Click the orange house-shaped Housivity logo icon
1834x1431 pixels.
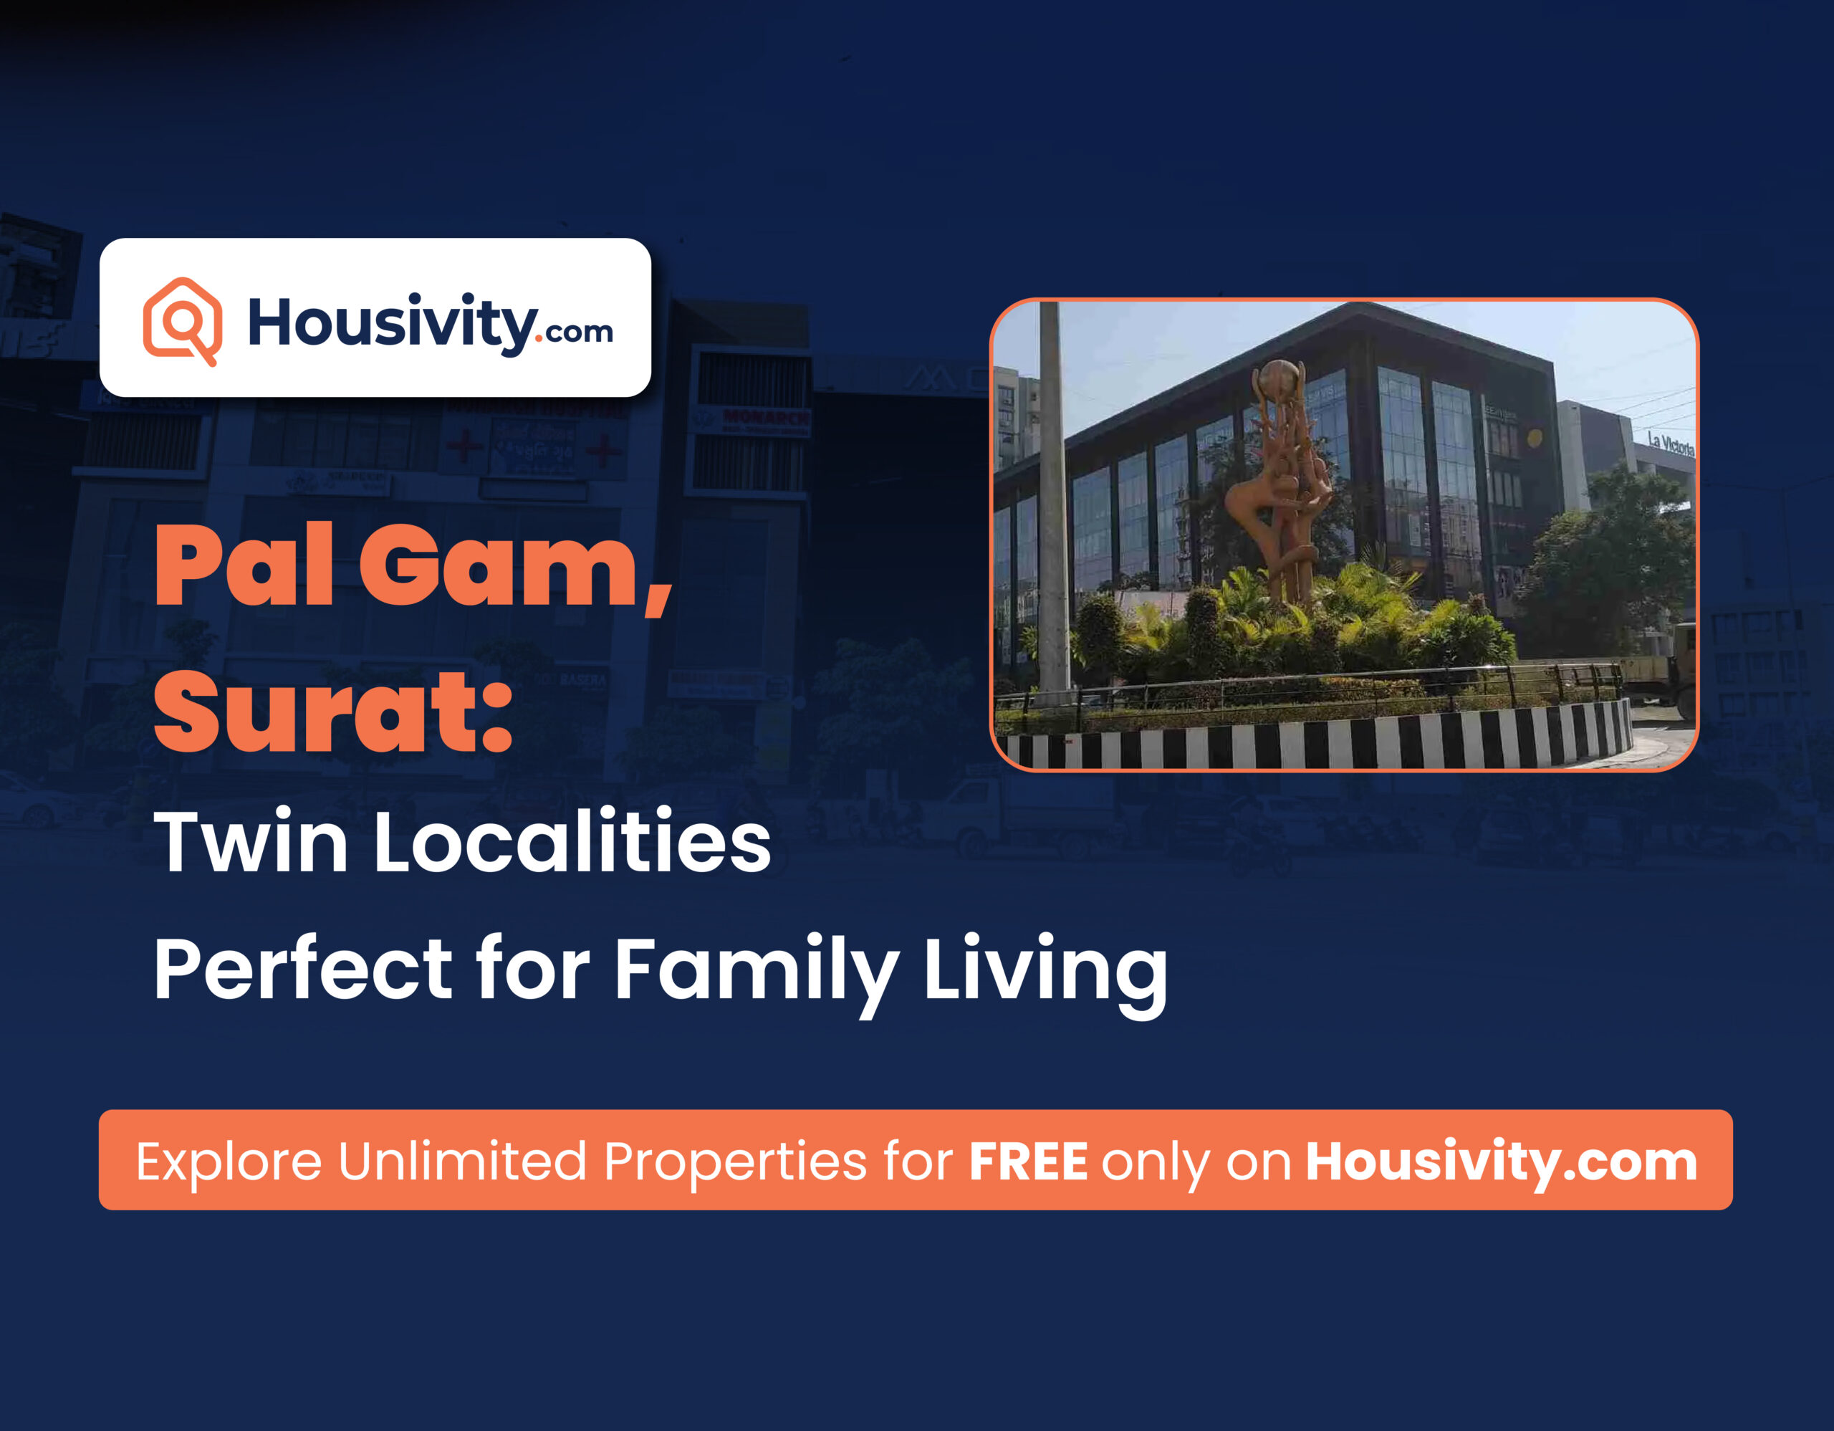tap(182, 321)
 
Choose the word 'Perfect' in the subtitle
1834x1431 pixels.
tap(303, 970)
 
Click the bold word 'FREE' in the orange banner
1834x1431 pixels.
tap(1028, 1162)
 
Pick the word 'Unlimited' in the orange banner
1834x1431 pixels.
tap(462, 1162)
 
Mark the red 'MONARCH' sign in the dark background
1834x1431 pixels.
tap(765, 416)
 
